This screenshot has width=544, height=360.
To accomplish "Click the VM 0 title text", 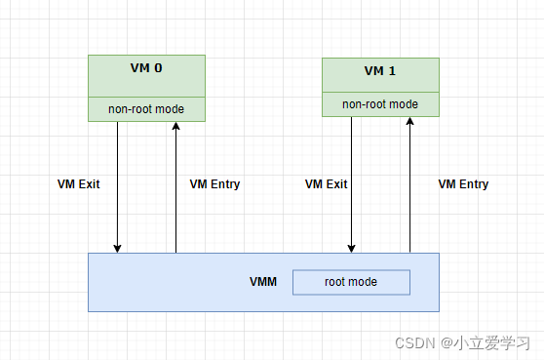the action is click(146, 68).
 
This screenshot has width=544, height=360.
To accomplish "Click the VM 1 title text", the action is click(380, 71).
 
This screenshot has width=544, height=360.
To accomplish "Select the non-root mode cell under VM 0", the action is click(146, 109).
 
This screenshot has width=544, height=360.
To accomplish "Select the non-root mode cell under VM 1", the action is click(380, 104).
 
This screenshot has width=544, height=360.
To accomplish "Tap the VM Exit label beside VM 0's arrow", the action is click(78, 184).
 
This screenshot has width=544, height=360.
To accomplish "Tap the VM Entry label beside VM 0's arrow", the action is click(214, 184).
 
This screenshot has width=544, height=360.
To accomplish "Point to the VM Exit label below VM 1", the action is click(327, 184).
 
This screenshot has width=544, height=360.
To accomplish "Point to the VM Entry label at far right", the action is click(463, 184).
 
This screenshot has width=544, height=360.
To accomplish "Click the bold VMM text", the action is click(263, 282).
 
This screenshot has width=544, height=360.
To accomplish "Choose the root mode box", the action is click(351, 282).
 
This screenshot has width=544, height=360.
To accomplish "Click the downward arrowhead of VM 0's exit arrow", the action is click(117, 248).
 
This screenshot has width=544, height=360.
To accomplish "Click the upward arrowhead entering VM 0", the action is click(175, 126).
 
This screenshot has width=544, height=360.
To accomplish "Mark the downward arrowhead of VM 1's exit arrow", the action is click(351, 248).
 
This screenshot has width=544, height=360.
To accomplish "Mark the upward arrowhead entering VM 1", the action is click(409, 121).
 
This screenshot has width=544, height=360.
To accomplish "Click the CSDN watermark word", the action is click(415, 343).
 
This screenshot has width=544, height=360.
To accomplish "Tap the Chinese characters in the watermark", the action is click(491, 343).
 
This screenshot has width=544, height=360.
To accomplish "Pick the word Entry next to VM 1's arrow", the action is click(474, 184).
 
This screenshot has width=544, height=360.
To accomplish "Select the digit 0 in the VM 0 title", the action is click(158, 68).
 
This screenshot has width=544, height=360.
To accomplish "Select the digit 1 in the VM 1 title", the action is click(392, 71).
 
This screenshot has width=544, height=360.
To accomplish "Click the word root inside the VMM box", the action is click(334, 282).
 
